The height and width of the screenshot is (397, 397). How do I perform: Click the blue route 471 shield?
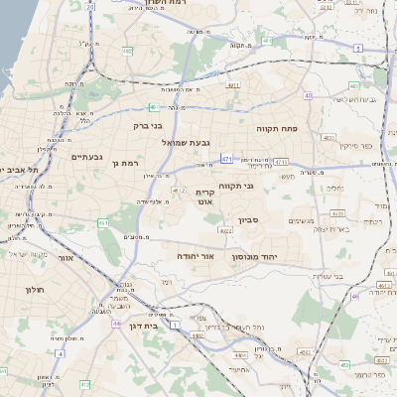pos(227,158)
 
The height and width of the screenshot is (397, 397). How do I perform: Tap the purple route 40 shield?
pos(309,96)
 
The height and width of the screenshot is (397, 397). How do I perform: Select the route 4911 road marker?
pos(234,86)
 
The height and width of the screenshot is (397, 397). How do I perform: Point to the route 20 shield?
pos(90,7)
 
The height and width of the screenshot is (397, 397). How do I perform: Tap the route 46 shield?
pos(356,295)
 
